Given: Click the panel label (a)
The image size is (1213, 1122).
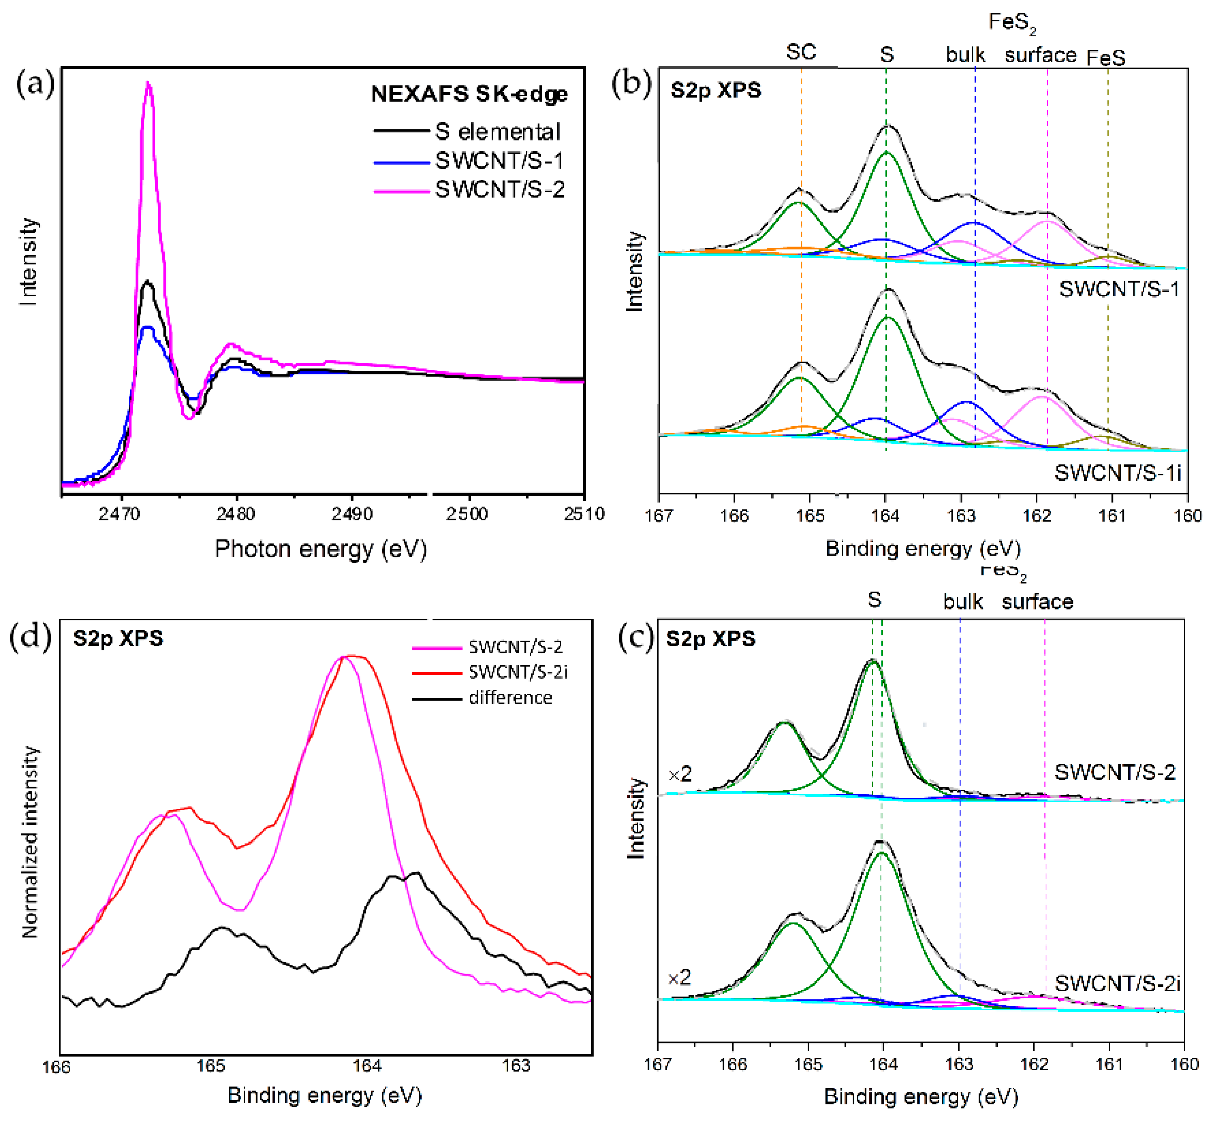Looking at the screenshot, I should click(x=35, y=83).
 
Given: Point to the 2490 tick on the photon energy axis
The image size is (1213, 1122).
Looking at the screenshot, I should click(x=352, y=514).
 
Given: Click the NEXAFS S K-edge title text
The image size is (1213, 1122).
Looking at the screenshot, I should click(x=469, y=94).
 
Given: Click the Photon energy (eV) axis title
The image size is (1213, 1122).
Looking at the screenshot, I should click(x=321, y=549).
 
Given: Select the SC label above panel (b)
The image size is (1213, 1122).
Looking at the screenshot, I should click(x=801, y=52).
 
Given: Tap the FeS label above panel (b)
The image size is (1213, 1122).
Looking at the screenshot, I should click(x=1106, y=58).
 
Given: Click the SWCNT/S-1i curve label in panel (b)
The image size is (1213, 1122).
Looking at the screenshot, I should click(x=1118, y=472).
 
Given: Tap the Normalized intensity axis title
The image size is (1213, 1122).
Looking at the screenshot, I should click(x=29, y=843).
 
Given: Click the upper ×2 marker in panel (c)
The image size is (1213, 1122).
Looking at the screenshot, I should click(x=679, y=774).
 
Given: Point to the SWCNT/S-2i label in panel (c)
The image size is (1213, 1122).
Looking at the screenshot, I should click(x=1117, y=984).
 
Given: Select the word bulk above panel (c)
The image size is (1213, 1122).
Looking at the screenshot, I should click(x=962, y=602).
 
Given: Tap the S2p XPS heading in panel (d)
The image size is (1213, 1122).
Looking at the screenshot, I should click(x=118, y=639).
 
